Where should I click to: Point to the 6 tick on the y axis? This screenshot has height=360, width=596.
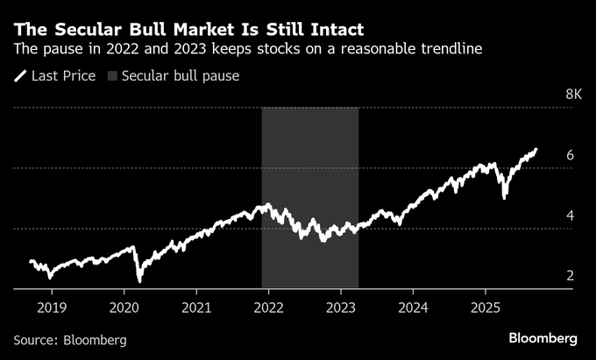pos(570,155)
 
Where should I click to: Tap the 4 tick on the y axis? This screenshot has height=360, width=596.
pos(570,215)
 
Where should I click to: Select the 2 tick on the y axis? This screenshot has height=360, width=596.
pos(570,276)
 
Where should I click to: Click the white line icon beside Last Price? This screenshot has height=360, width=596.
pos(20,76)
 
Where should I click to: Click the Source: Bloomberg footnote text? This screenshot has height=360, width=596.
pos(70,339)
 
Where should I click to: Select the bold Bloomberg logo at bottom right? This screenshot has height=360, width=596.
pos(543,338)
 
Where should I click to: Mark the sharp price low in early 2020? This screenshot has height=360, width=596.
pos(139,281)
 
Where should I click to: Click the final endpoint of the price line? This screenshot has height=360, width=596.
pos(536,150)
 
